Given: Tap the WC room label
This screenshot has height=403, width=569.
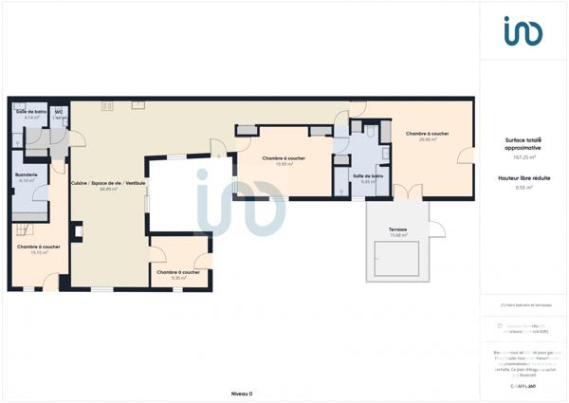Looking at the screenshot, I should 59,112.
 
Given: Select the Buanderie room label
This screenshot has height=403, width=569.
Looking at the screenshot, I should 27,174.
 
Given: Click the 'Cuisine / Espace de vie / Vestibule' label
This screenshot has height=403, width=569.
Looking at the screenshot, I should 108,183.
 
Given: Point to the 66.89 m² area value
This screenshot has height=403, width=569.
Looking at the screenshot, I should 108,189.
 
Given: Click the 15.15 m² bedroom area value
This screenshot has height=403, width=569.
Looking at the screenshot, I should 38,252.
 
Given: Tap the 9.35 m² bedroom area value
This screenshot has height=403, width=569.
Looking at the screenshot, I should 178,278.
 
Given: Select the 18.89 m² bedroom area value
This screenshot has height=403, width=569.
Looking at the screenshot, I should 284,164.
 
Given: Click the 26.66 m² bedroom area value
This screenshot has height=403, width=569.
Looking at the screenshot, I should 427,139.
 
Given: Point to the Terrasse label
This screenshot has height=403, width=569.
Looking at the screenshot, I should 397,229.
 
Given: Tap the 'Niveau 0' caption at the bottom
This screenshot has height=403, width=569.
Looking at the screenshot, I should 242,393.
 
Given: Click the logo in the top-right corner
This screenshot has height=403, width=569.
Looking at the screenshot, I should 523,30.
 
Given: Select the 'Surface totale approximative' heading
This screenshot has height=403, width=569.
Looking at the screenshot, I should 523,144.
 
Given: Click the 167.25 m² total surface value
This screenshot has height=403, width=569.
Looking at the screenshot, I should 523,156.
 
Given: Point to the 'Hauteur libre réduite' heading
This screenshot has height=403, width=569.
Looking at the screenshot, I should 523,178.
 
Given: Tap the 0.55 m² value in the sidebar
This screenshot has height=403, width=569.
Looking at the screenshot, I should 523,188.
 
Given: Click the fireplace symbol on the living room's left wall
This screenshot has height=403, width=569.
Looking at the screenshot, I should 78,229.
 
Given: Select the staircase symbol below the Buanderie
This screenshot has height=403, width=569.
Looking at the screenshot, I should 25,228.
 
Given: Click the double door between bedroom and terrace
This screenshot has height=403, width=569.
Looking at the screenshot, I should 406,192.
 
